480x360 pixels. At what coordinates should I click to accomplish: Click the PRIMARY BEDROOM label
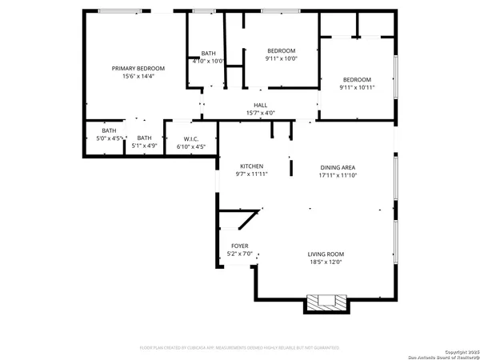coord(133,69)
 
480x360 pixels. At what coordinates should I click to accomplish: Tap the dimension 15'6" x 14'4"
coord(133,77)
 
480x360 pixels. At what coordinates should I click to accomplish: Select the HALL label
coord(260,106)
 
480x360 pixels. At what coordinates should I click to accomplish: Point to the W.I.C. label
coord(190,139)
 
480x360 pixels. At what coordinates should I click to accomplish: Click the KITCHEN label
coord(252,166)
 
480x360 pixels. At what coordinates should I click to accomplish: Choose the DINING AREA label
coord(337,166)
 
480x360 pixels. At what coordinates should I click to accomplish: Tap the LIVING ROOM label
coord(326,254)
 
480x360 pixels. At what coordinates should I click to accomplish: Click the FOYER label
coord(240,246)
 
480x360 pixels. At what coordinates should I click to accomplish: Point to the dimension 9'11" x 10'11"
coord(357,87)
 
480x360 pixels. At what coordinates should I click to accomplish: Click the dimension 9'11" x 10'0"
coord(281,58)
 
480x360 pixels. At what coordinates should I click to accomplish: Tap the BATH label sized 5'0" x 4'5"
coord(109,130)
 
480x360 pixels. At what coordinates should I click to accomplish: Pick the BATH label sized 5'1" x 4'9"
coord(144,138)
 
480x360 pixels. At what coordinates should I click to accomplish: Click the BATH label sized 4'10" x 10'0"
coord(208,53)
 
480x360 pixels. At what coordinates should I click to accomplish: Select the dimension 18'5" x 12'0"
coord(326,262)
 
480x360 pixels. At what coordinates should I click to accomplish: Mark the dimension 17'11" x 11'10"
coord(337,174)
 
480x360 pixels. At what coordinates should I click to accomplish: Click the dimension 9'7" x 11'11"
coord(252,174)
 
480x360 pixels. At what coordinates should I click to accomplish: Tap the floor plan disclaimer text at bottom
coord(239,348)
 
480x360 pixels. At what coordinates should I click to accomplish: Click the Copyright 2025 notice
coord(449,350)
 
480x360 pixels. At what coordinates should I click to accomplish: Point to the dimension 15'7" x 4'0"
coord(260,114)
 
